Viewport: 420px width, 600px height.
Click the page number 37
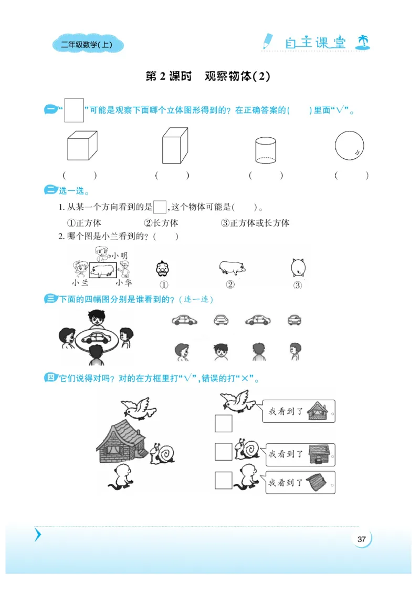361,539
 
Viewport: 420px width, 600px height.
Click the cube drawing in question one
82,146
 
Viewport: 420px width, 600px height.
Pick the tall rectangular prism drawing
175,146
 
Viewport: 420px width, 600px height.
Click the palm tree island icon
362,42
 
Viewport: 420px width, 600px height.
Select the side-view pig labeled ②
232,268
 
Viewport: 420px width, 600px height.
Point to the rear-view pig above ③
298,268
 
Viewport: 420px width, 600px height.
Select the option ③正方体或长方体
255,223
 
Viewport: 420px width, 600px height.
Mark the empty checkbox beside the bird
223,423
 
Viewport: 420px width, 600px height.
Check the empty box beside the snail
223,452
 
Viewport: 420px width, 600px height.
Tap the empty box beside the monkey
223,480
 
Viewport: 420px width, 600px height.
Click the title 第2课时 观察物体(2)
207,76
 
